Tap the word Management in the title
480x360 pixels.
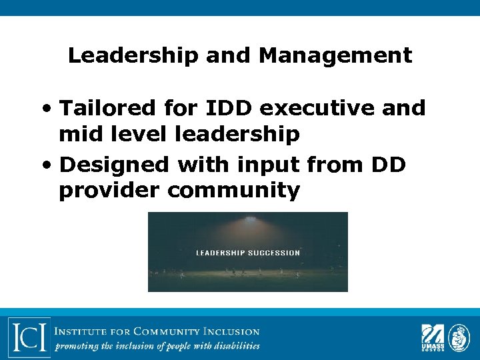[x=335, y=56]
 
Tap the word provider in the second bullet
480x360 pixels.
[x=109, y=191]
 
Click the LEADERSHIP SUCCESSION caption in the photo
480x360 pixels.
[x=247, y=253]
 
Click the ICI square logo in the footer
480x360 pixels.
[x=29, y=337]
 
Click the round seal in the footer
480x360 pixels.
[x=459, y=337]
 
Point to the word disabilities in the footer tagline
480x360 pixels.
[x=234, y=346]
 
